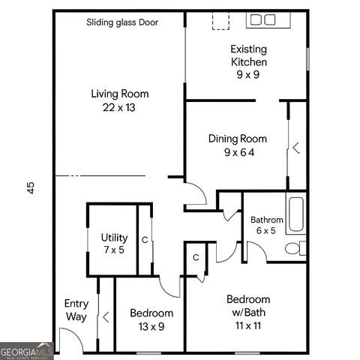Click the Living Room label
[119, 94]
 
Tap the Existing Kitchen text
[248, 55]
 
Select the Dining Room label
[237, 139]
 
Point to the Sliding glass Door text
[122, 22]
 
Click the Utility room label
[114, 238]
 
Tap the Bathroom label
[267, 220]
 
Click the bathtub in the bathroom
[295, 214]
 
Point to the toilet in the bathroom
[300, 247]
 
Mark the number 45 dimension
[31, 187]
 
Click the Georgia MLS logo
[26, 351]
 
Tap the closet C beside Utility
[145, 240]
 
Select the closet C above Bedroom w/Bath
[195, 257]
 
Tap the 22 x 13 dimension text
[119, 107]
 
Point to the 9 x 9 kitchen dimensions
[248, 74]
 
